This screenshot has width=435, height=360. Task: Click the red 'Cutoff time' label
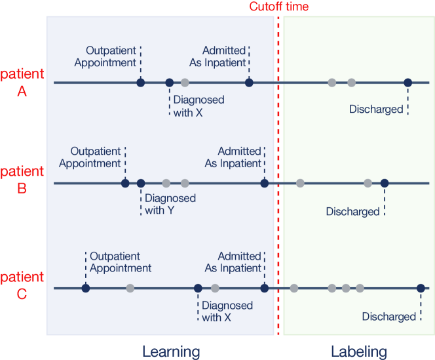coord(278,7)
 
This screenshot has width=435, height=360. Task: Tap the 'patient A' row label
coord(22,83)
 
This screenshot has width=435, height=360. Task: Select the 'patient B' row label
coord(22,180)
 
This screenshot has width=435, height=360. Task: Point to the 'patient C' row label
coord(22,285)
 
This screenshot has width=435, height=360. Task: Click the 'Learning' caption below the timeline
coord(171,351)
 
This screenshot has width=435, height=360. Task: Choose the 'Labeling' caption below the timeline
coord(358,351)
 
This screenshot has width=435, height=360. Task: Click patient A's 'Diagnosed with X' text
coord(199,106)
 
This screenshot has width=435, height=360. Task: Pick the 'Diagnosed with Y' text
coord(170,204)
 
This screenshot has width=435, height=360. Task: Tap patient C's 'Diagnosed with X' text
coord(227,311)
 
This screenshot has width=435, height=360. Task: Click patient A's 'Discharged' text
coord(376,110)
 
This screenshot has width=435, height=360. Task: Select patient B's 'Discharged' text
coord(352,211)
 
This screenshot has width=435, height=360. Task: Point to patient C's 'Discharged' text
coord(388,317)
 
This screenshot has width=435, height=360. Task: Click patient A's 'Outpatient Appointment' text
coord(105,56)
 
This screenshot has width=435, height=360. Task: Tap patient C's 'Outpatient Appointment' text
coord(121,262)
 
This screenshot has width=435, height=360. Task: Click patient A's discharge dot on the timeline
coord(407,83)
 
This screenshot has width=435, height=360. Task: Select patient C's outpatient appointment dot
coord(85,288)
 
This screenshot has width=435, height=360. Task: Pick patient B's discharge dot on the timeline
coord(385,183)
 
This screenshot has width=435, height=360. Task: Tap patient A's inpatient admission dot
coord(249,83)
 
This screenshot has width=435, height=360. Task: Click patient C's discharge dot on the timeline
coord(421,288)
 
